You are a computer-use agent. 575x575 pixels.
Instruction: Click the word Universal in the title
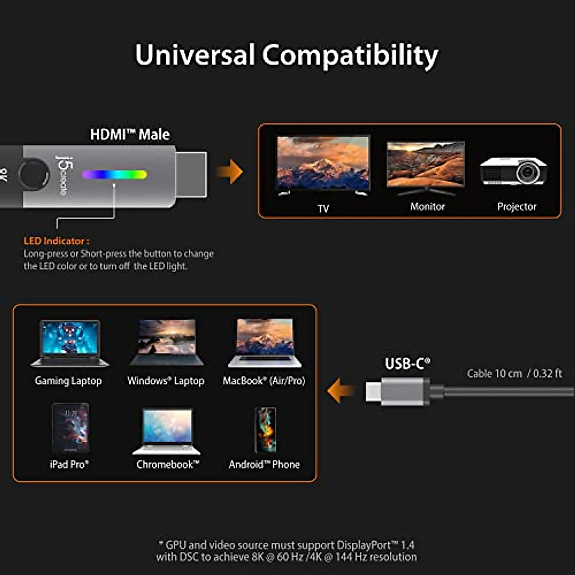[195, 55]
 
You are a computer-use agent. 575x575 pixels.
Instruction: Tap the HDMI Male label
[130, 135]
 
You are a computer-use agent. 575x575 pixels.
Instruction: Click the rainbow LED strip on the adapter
[114, 174]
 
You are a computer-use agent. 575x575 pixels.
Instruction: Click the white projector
[514, 171]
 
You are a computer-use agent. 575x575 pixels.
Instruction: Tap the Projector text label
[517, 207]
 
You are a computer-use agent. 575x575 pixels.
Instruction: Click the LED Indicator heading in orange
[56, 241]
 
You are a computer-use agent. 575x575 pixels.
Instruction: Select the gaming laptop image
[70, 343]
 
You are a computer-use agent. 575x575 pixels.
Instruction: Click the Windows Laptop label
[166, 381]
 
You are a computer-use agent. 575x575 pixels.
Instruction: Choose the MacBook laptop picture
[264, 343]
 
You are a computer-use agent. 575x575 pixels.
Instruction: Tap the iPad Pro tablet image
[70, 428]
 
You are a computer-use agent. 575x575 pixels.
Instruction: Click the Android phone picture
[265, 430]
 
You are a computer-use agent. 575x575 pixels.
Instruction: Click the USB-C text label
[407, 364]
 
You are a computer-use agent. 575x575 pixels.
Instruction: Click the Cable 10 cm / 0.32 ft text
[514, 374]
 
